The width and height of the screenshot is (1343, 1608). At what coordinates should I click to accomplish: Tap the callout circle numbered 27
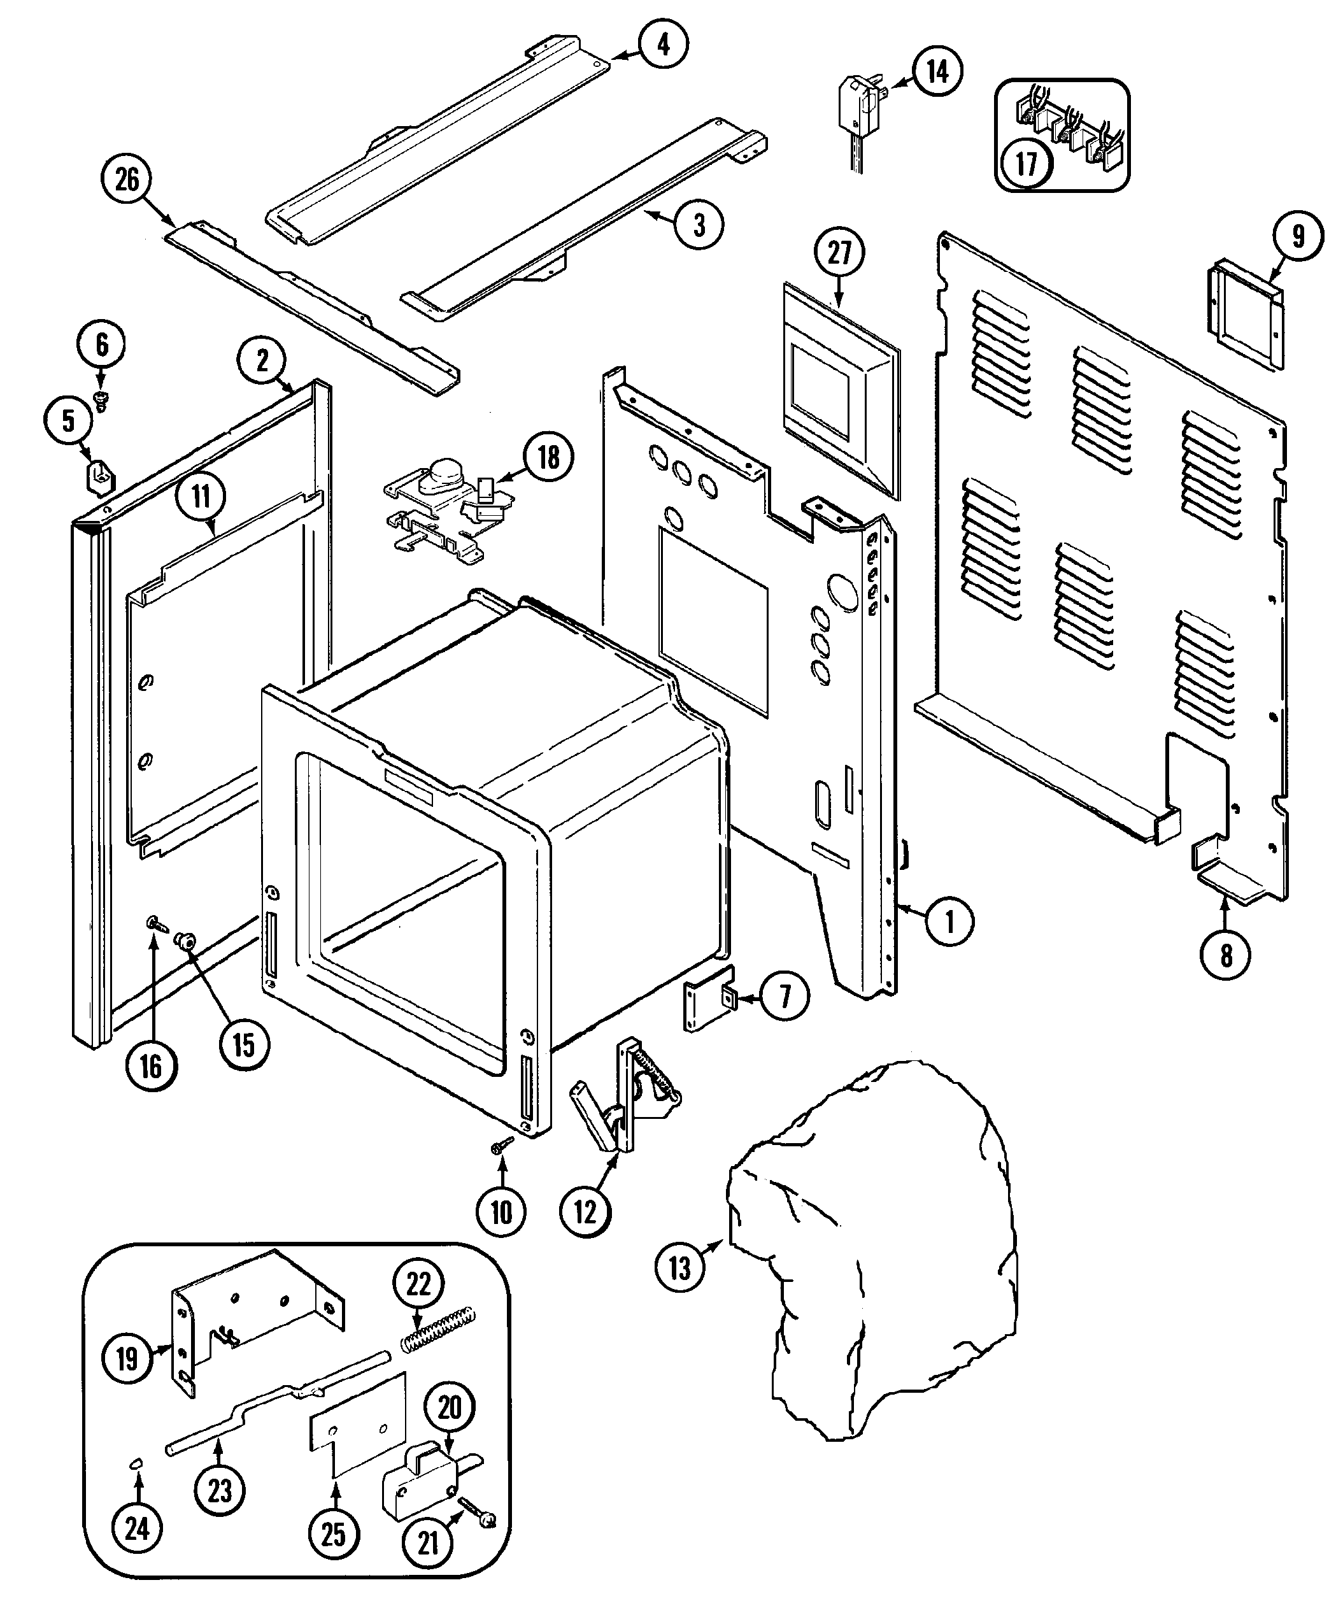(x=839, y=253)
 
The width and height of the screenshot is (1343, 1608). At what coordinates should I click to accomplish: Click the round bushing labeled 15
(x=185, y=941)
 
